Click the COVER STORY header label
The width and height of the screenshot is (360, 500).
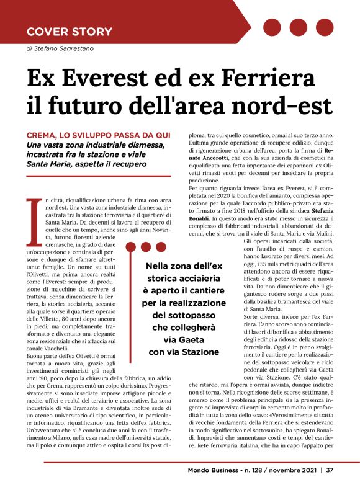coord(70,31)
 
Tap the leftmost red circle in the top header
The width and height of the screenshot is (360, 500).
coord(272,27)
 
